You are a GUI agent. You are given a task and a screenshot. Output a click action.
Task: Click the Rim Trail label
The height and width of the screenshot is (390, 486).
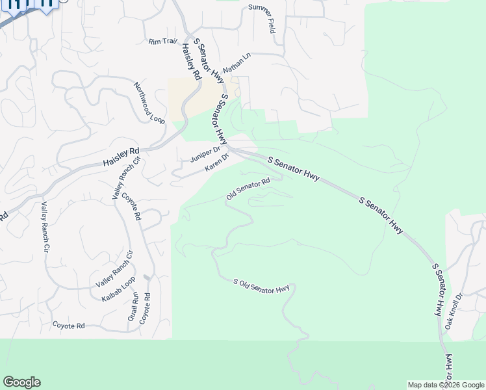[162, 42]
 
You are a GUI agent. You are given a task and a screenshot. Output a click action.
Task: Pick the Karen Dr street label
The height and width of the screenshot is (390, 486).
[217, 163]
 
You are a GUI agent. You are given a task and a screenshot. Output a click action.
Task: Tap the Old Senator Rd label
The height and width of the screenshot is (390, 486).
[248, 189]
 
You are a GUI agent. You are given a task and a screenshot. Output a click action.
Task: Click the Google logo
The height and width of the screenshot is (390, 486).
[21, 382]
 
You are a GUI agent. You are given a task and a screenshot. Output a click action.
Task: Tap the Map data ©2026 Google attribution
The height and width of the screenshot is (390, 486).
[446, 385]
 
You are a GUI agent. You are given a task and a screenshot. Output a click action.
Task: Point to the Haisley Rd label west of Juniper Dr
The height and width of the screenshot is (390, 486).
[122, 157]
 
